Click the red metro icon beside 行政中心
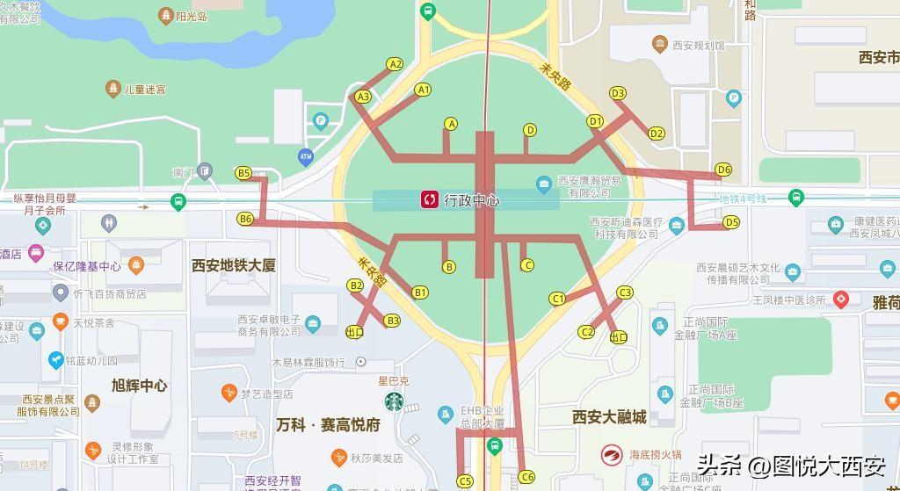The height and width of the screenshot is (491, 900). click(x=430, y=200)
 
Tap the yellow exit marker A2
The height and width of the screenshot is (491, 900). click(x=395, y=64)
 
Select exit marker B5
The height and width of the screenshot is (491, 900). click(x=243, y=174)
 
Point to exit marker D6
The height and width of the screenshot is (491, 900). click(x=723, y=170)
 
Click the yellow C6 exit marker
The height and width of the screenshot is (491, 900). click(x=526, y=477)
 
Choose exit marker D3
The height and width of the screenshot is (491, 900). click(x=618, y=93)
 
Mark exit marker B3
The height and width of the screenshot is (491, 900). click(x=392, y=321)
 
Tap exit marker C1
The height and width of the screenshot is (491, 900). click(x=557, y=299)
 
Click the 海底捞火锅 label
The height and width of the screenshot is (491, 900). click(x=655, y=454)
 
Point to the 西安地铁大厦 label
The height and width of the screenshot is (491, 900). click(x=234, y=264)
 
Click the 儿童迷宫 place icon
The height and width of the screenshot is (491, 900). click(x=112, y=89)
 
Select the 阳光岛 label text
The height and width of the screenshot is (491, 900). click(x=191, y=16)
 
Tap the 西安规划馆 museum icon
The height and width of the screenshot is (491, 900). click(x=659, y=44)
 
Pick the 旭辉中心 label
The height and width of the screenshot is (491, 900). click(x=140, y=385)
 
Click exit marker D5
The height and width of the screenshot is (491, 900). click(x=731, y=222)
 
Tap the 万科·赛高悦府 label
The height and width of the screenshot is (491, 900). click(x=328, y=425)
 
